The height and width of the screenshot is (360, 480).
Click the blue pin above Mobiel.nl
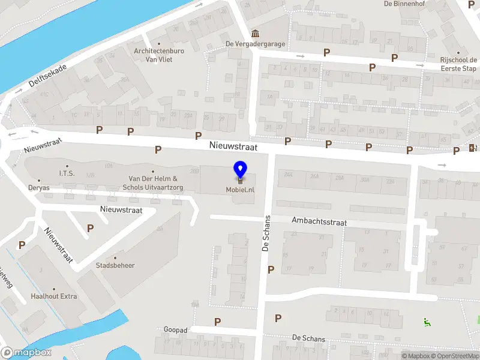(x=240, y=169)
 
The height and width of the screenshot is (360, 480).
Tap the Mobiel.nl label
(x=240, y=190)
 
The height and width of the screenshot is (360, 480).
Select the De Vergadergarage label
(x=255, y=44)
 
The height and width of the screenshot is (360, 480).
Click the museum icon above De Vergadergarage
(x=255, y=32)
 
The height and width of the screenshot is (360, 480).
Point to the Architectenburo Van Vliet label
(x=158, y=55)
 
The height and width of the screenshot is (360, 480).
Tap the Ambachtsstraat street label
(x=319, y=222)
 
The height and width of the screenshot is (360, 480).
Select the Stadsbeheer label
(x=115, y=265)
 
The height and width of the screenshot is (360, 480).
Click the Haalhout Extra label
(x=54, y=296)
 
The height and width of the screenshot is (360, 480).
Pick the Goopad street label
(x=176, y=330)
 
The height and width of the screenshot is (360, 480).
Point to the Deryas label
(x=39, y=188)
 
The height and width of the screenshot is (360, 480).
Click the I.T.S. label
(x=66, y=173)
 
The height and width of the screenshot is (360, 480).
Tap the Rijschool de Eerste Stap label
(x=458, y=64)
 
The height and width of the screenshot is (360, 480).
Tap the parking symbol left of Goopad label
(x=217, y=322)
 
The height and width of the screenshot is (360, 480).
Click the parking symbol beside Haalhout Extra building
(x=22, y=245)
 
